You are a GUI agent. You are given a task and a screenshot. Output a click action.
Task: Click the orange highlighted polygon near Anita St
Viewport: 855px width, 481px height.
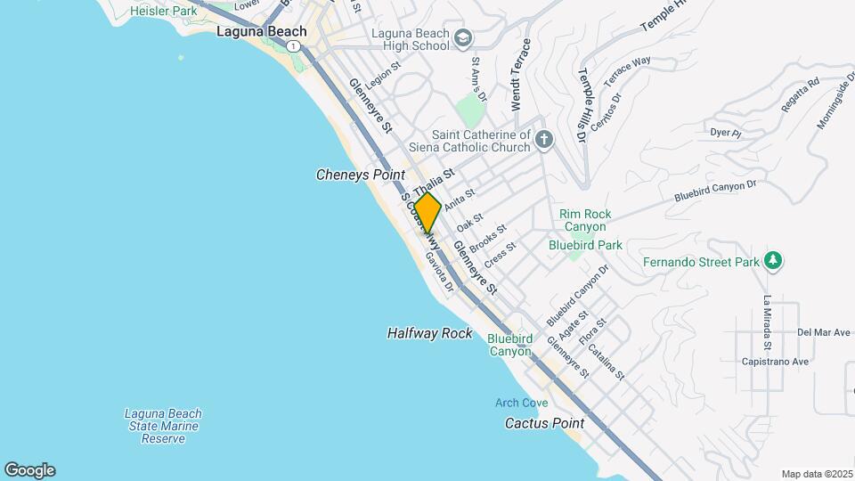click(427, 214)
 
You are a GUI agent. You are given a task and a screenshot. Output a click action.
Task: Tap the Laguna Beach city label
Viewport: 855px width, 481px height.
click(262, 31)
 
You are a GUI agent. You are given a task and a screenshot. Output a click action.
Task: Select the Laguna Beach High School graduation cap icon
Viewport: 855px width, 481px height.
click(462, 38)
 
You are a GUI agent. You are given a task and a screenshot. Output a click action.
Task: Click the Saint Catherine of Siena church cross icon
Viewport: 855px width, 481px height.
click(543, 140)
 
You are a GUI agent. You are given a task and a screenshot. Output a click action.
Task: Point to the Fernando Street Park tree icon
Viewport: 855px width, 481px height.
click(775, 261)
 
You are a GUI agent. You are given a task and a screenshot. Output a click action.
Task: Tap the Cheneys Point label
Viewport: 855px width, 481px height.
click(361, 175)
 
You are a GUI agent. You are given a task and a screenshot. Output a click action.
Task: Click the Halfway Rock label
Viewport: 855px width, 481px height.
click(429, 333)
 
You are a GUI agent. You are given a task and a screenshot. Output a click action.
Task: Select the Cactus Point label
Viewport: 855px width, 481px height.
click(544, 423)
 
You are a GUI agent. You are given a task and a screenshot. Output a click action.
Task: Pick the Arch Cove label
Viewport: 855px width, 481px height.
click(522, 404)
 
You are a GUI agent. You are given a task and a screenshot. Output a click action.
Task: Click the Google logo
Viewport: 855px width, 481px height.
click(29, 470)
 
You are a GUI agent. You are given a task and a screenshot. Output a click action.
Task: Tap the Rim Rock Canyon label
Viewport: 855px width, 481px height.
click(585, 220)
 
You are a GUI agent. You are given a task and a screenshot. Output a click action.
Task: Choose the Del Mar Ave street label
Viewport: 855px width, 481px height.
click(825, 332)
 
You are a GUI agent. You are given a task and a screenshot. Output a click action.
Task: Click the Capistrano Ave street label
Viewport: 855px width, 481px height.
click(775, 362)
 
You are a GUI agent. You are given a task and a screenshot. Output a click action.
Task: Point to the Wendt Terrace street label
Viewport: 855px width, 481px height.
click(526, 75)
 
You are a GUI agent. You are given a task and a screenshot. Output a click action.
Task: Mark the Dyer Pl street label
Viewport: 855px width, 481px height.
click(726, 133)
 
